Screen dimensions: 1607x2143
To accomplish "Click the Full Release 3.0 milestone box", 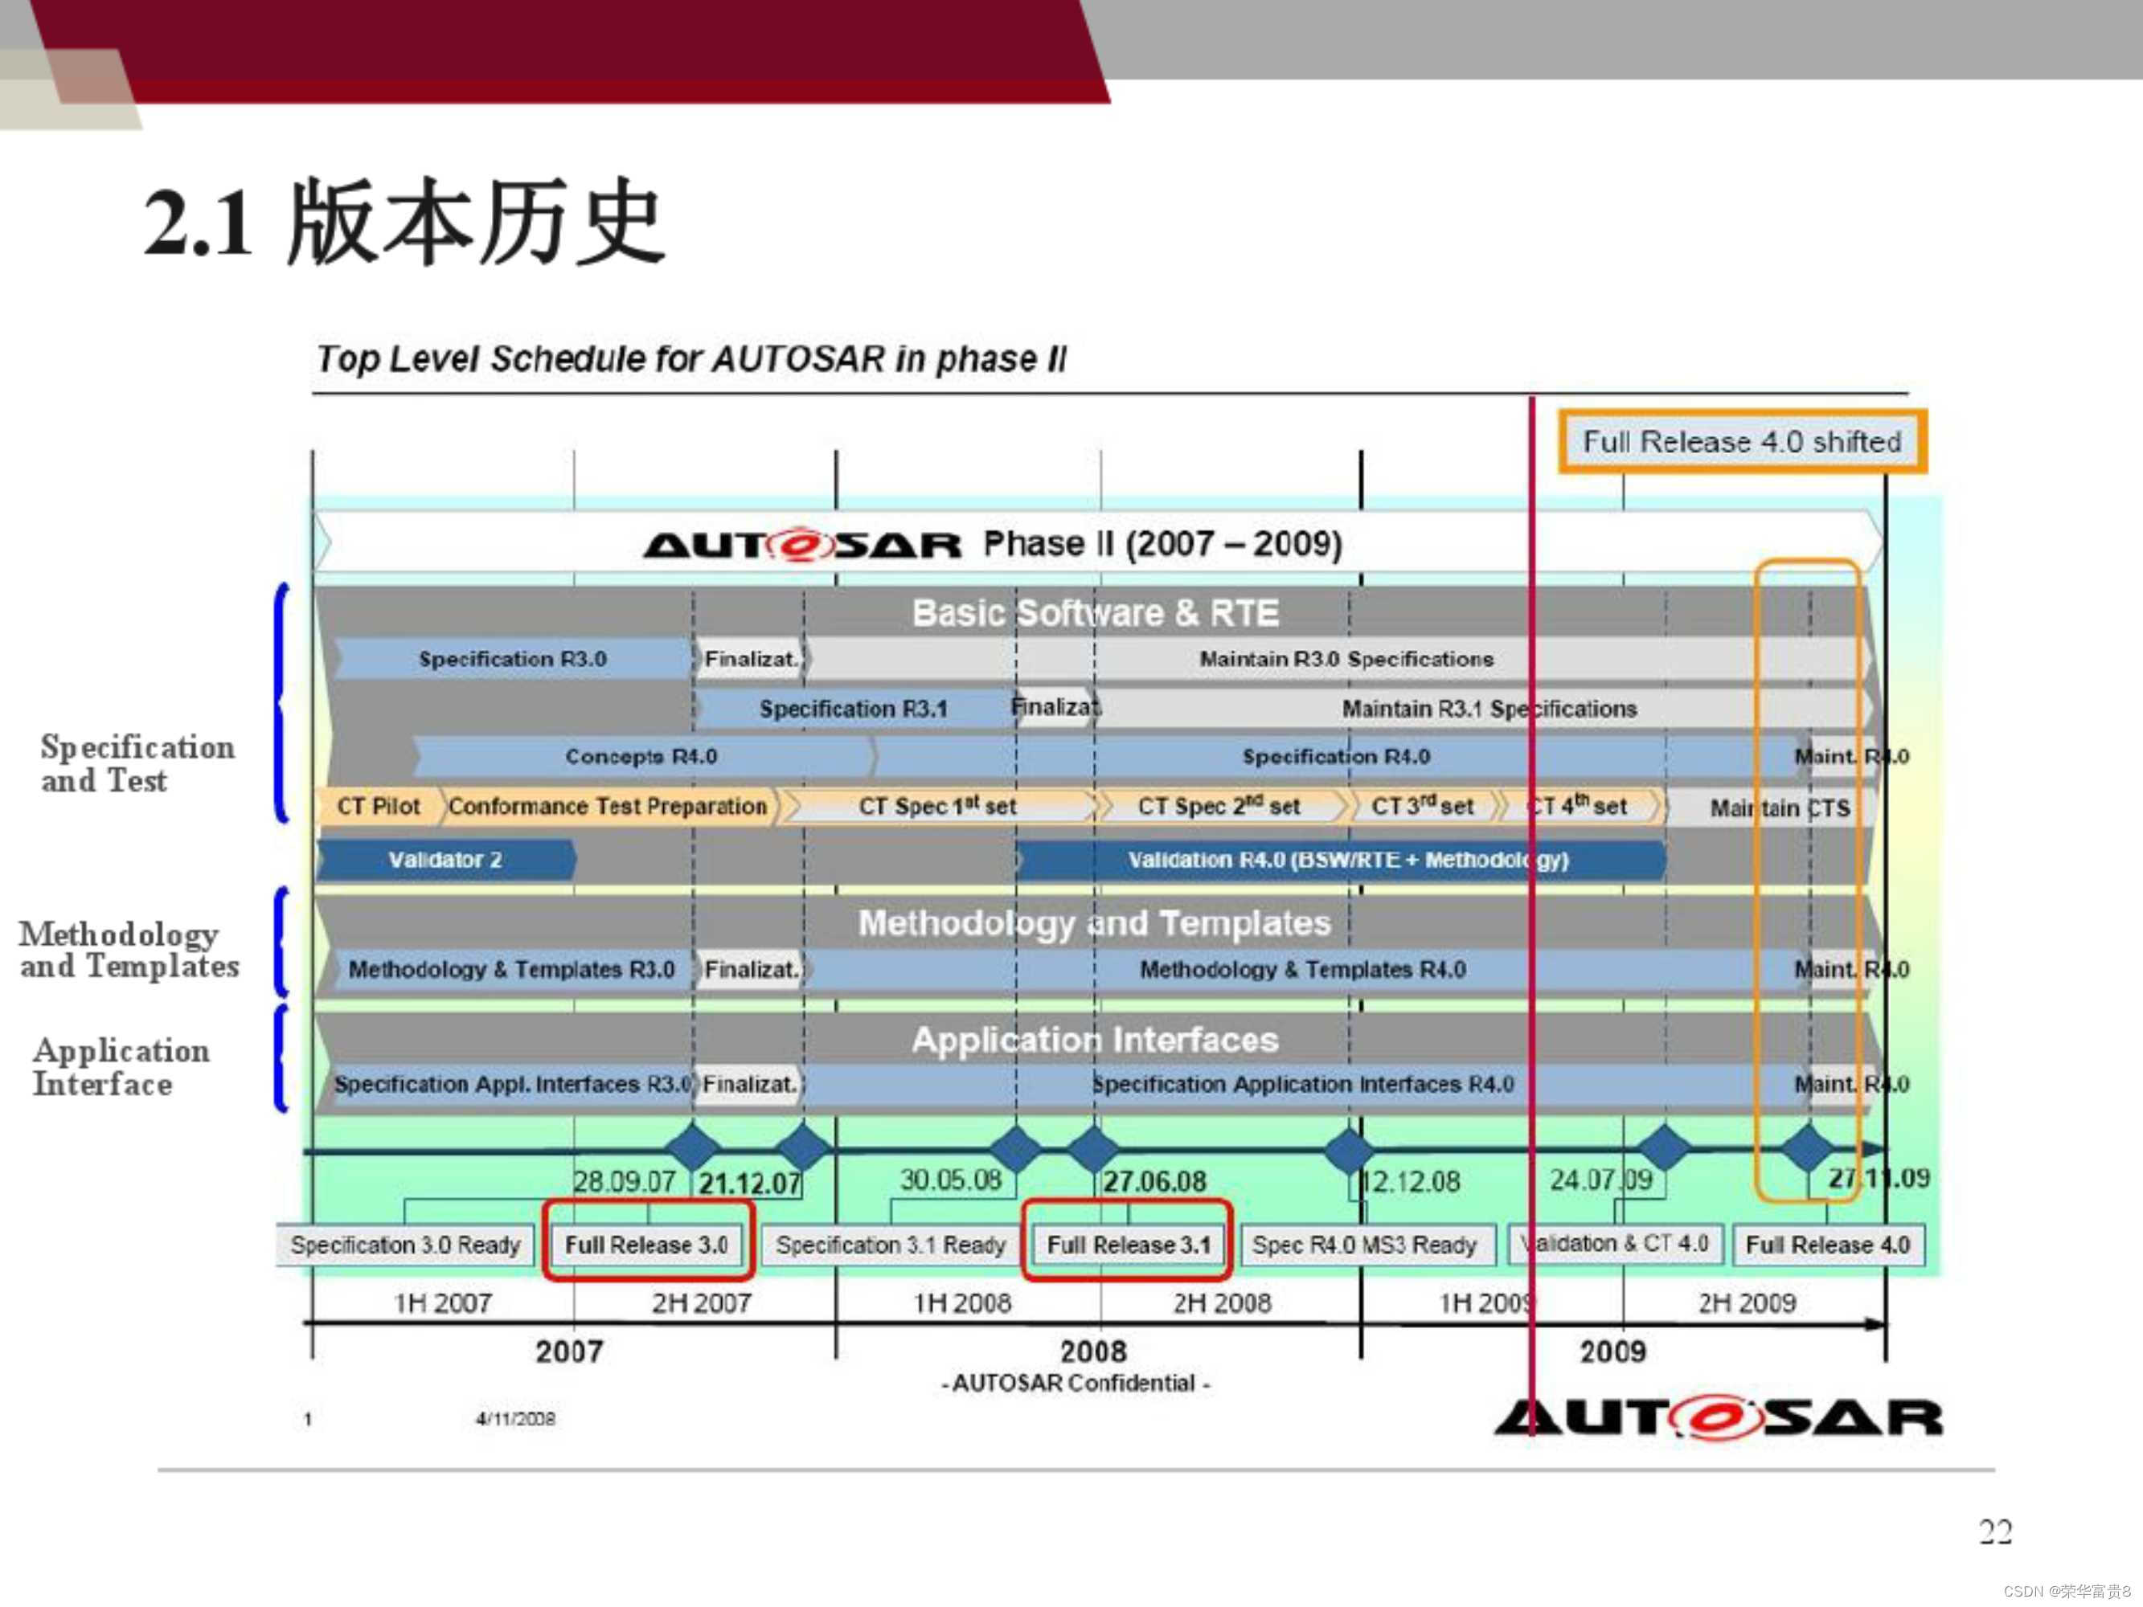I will [x=646, y=1244].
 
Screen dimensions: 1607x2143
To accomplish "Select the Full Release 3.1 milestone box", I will [x=1128, y=1244].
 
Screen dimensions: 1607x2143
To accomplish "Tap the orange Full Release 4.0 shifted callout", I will [x=1741, y=442].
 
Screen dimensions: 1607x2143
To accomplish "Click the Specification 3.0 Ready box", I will [x=405, y=1244].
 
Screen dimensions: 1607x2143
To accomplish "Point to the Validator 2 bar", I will [x=445, y=859].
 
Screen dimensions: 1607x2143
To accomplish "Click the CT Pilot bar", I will [x=378, y=806].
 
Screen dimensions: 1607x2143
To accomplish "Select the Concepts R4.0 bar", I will [x=641, y=755].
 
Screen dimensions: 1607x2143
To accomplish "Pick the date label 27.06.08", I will [x=1155, y=1182].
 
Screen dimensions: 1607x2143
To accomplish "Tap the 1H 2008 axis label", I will [x=961, y=1302].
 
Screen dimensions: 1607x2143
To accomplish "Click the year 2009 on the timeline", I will [x=1612, y=1351].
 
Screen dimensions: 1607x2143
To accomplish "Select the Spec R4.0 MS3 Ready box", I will [x=1364, y=1244].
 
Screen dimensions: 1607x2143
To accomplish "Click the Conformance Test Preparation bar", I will [x=608, y=806].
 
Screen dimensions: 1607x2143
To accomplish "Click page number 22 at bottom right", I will [x=1995, y=1531].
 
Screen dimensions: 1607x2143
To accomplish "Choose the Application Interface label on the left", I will [x=121, y=1066].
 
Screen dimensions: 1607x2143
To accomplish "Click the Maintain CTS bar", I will [x=1780, y=807].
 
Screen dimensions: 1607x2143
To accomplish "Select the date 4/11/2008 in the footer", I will [x=514, y=1419].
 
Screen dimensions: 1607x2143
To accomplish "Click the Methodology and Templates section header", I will [x=1094, y=922].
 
